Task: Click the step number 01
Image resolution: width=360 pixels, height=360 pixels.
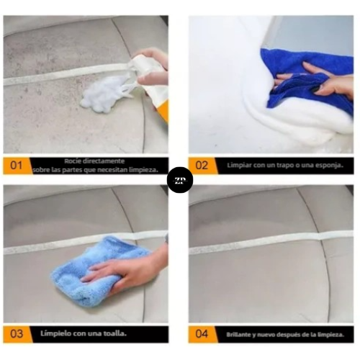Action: click(16, 166)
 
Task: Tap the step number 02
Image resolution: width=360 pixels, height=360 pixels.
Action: click(202, 166)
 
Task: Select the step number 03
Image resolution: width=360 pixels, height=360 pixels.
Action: click(17, 334)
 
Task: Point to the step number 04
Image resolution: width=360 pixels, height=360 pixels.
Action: click(202, 334)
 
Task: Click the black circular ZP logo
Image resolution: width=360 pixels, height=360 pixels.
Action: click(180, 180)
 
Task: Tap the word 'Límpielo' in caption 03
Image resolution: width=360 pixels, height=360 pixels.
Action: click(56, 333)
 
